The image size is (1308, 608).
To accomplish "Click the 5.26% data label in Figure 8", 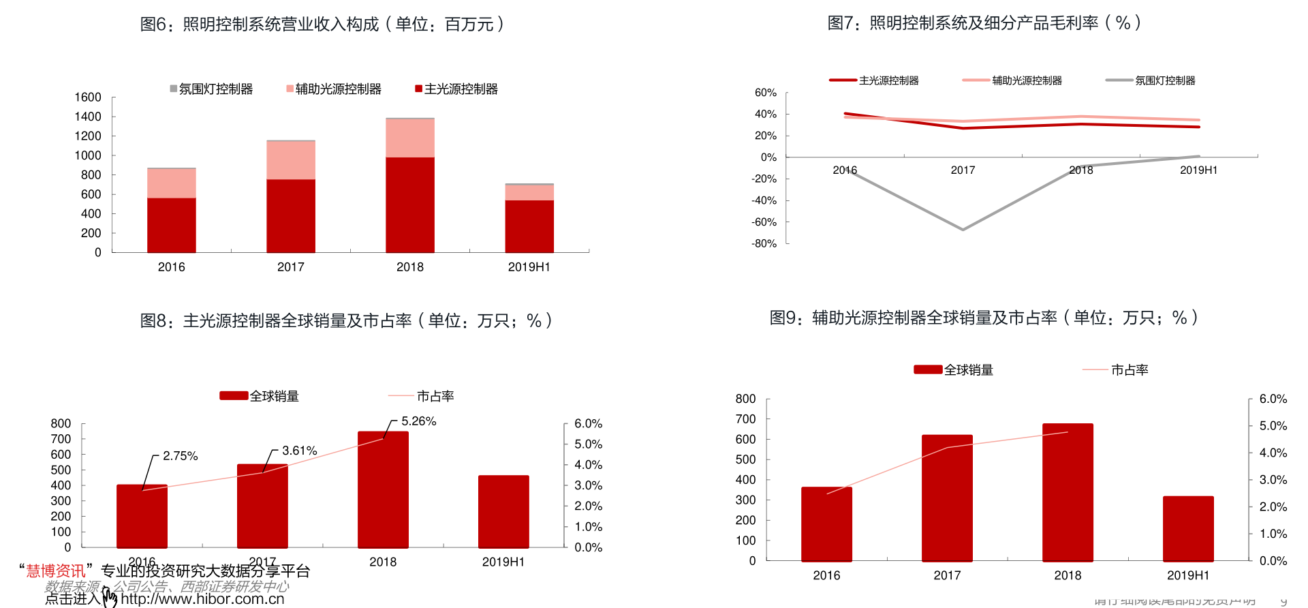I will point(418,421).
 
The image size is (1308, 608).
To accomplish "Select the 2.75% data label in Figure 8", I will point(180,456).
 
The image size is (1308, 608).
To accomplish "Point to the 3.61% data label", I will point(299,451).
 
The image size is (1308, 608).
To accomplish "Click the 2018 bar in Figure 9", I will point(1068,492).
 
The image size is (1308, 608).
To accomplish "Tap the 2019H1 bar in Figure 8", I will point(503,511).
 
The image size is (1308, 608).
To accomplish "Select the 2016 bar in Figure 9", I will point(826,523).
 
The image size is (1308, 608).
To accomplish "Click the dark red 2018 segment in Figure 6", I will point(410,204).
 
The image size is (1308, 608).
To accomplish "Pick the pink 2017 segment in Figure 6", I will point(291,160).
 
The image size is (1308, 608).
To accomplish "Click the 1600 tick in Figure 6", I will point(88,97).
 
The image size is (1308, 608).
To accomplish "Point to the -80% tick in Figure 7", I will point(764,243).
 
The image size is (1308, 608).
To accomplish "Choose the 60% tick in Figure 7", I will point(766,93).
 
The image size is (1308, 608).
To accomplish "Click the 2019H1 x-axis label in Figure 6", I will point(529,267).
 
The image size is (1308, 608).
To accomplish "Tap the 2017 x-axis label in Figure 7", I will point(963,170).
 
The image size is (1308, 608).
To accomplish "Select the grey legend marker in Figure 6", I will point(174,89).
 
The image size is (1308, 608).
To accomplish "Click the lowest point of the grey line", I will point(963,230).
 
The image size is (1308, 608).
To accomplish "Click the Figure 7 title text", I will point(984,23).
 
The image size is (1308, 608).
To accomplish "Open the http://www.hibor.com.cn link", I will point(202,599).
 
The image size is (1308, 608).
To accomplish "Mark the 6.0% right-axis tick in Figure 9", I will point(1273,399).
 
